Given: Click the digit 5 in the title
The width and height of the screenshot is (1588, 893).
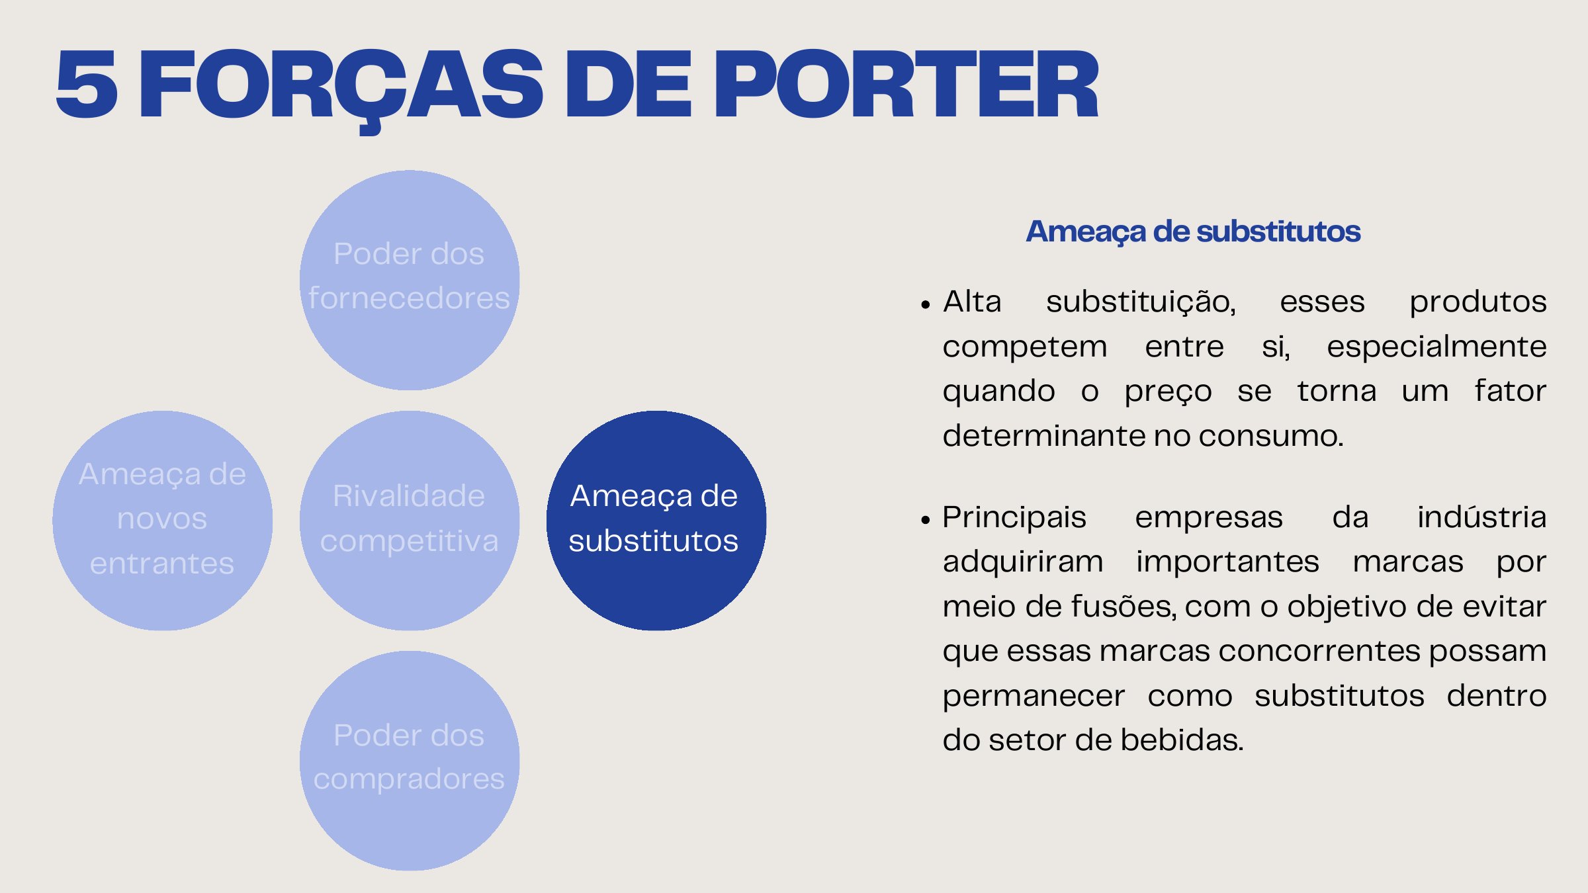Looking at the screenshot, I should click(87, 85).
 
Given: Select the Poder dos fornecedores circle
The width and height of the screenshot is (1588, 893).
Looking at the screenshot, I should click(410, 280).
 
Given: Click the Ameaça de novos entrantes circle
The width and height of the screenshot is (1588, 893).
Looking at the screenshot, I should click(162, 521).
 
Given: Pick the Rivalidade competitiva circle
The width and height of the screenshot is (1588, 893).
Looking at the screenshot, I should click(410, 521).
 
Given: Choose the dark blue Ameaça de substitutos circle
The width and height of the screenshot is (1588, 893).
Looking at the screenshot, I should click(656, 521).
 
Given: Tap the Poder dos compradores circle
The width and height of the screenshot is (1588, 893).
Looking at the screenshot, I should click(410, 761).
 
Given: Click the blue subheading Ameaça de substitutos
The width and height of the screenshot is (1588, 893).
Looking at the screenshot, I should click(1193, 232).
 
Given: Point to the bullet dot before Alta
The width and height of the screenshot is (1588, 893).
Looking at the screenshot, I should click(926, 305).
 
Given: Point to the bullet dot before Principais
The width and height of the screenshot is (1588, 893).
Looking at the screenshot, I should click(926, 521).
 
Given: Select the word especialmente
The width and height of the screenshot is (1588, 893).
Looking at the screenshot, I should click(1436, 347).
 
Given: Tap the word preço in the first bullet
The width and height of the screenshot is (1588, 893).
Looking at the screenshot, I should click(1168, 392).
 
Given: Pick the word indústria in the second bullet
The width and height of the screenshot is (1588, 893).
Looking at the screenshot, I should click(1481, 517).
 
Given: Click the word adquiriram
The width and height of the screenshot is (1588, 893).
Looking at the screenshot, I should click(1023, 562).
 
